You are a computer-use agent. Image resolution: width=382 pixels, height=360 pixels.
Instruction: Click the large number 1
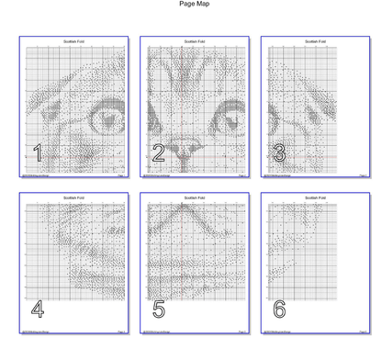tap(38, 153)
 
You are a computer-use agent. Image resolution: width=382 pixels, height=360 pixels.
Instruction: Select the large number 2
tap(159, 153)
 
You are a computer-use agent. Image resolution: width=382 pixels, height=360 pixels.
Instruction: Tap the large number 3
tap(279, 153)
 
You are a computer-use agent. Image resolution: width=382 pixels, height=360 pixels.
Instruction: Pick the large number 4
tap(38, 309)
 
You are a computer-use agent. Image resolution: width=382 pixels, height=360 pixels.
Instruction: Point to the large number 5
tap(159, 309)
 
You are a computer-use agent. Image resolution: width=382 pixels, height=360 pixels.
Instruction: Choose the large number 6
tap(279, 309)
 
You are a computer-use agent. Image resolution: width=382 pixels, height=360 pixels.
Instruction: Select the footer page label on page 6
tap(362, 332)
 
